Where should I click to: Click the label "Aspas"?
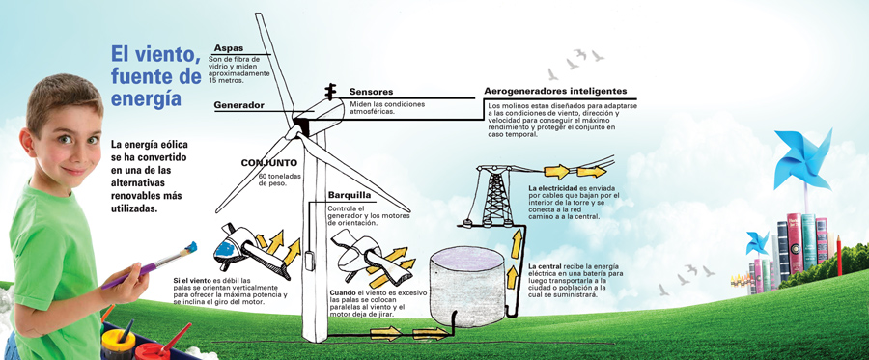tap(229, 47)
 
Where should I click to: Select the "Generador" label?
tap(238, 104)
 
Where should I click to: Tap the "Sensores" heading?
tap(371, 92)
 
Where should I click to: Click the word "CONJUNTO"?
tap(268, 163)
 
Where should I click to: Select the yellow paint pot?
tap(117, 340)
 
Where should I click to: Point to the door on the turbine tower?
tap(309, 261)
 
